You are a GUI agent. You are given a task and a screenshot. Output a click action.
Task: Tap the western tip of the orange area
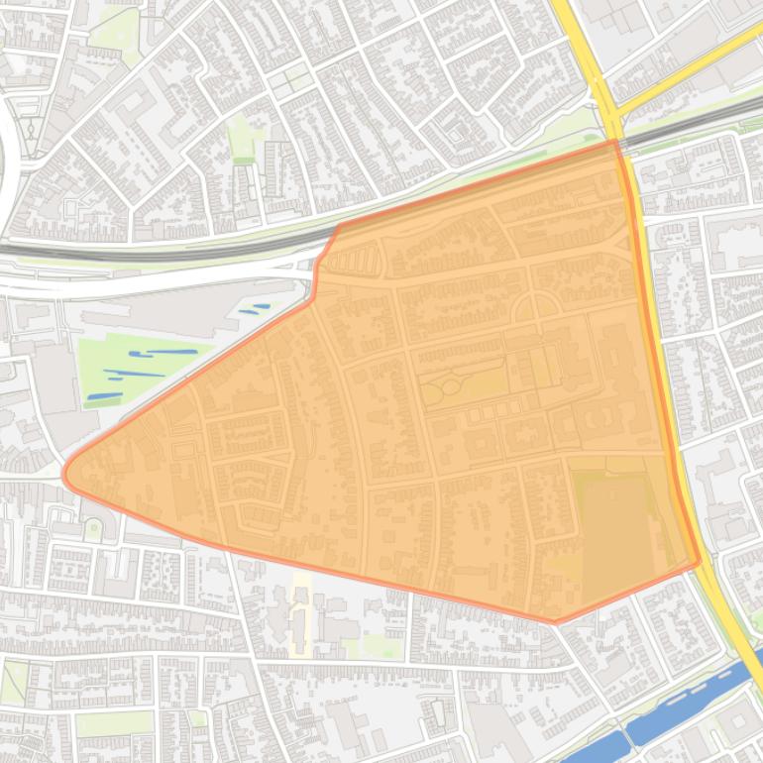[x=66, y=474]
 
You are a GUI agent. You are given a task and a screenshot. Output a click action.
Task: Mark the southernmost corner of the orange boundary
[x=555, y=622]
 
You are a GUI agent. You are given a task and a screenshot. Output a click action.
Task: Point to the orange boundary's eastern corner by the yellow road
[x=699, y=561]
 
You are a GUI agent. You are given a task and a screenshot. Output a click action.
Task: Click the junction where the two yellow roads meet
[x=609, y=104]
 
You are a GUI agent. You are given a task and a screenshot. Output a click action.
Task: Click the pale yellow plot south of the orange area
[x=301, y=614]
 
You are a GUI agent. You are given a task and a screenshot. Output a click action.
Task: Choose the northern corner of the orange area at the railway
[x=617, y=143]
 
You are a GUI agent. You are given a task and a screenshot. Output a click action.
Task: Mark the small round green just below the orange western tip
[x=93, y=529]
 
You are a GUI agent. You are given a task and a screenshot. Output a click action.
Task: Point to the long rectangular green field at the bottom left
[x=114, y=724]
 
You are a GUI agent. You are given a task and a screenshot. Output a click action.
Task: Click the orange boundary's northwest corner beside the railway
[x=338, y=227]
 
